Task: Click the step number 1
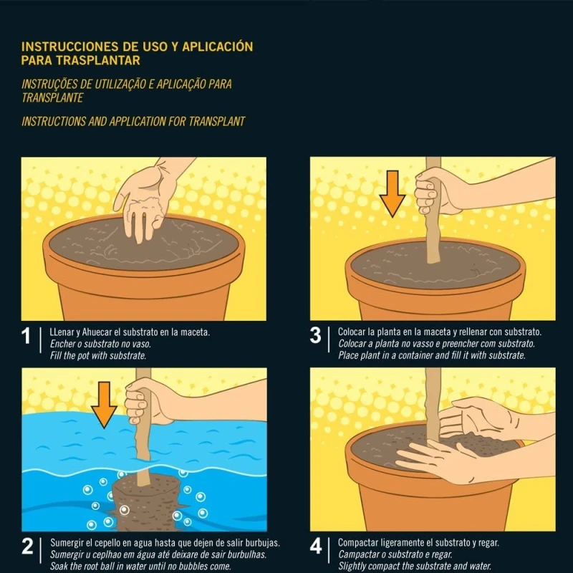tap(26, 336)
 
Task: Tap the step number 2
tap(27, 546)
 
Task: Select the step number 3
tap(315, 335)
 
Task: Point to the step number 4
tap(316, 546)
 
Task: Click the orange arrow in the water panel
tap(104, 405)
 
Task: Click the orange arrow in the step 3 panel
tap(393, 193)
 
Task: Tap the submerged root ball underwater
tap(147, 503)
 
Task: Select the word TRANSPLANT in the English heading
tap(217, 122)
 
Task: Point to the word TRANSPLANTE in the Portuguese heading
tap(52, 98)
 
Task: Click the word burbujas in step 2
tap(262, 543)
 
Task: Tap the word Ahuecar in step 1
tap(97, 332)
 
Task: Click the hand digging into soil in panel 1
tap(146, 201)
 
